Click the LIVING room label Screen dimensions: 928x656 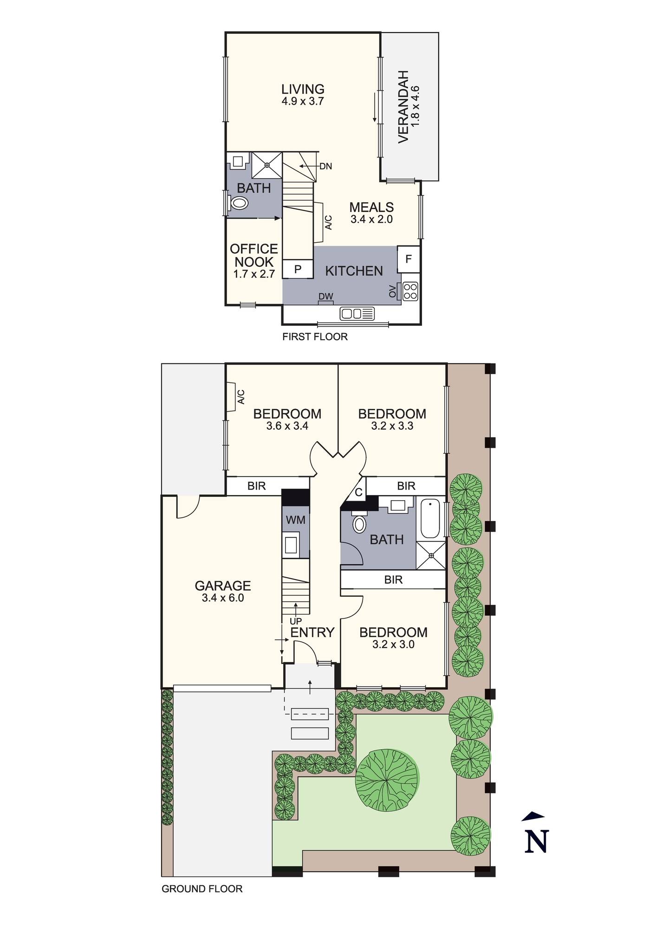pos(303,89)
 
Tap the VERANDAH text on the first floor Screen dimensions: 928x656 pos(403,107)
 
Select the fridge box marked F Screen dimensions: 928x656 pos(409,259)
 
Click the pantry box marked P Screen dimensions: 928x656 pos(298,269)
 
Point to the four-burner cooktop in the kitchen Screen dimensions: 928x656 pos(410,291)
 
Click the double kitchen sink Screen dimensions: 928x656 pos(357,314)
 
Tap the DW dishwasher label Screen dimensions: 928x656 pos(325,296)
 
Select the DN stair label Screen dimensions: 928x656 pos(325,166)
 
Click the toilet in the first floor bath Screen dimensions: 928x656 pos(239,203)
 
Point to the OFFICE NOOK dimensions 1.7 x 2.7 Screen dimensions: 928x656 pos(254,274)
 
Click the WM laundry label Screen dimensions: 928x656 pos(295,520)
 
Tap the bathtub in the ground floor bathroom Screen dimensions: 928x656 pos(430,518)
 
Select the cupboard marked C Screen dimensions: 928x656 pos(358,492)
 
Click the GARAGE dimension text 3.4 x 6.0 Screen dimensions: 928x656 pos(223,598)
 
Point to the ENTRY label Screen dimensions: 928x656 pos(312,632)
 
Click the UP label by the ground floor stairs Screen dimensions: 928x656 pos(295,621)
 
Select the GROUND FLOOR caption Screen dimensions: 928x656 pos(202,889)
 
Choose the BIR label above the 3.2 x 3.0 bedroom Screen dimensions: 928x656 pos(393,580)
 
